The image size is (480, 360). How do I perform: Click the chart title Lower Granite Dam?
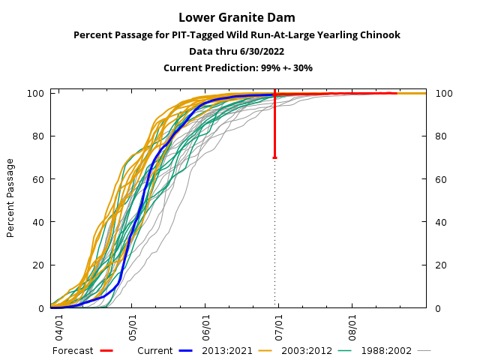[x=237, y=17]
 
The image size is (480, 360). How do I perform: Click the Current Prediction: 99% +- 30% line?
[x=237, y=67]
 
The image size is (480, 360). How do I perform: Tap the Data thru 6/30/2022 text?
[x=237, y=51]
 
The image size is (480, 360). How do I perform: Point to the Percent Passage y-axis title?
[x=10, y=198]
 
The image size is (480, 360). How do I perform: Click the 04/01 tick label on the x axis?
[x=58, y=326]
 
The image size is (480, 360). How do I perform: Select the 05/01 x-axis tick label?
[x=132, y=326]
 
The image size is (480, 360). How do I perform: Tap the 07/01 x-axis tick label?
[x=278, y=326]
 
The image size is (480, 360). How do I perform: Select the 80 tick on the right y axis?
[x=440, y=136]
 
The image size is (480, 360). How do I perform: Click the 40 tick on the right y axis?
[x=440, y=223]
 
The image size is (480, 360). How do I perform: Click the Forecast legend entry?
[x=73, y=350]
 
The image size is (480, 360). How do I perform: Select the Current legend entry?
[x=155, y=350]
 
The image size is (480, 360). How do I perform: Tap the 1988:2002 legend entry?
[x=386, y=350]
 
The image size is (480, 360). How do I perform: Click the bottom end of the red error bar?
[x=274, y=157]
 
